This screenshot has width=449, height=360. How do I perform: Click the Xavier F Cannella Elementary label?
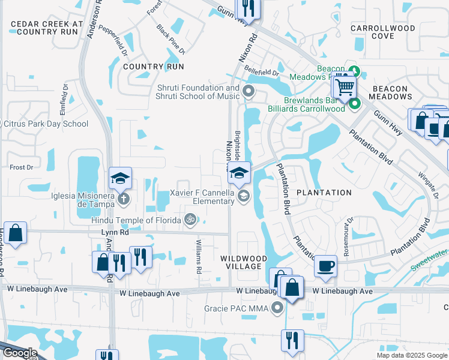[x=202, y=197]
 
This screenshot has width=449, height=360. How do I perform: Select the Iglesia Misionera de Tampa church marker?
[x=122, y=198]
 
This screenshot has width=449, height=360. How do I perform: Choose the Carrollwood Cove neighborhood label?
[x=382, y=32]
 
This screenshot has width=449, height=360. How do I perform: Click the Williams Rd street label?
[x=198, y=256]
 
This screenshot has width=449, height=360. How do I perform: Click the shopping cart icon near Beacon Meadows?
[x=345, y=88]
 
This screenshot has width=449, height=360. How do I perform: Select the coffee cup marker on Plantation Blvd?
[x=325, y=265]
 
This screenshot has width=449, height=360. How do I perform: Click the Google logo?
[x=20, y=353]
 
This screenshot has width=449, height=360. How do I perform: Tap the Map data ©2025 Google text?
[x=411, y=355]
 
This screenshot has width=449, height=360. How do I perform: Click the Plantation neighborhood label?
[x=323, y=193]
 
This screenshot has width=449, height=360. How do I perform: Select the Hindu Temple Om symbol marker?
[x=190, y=220]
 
